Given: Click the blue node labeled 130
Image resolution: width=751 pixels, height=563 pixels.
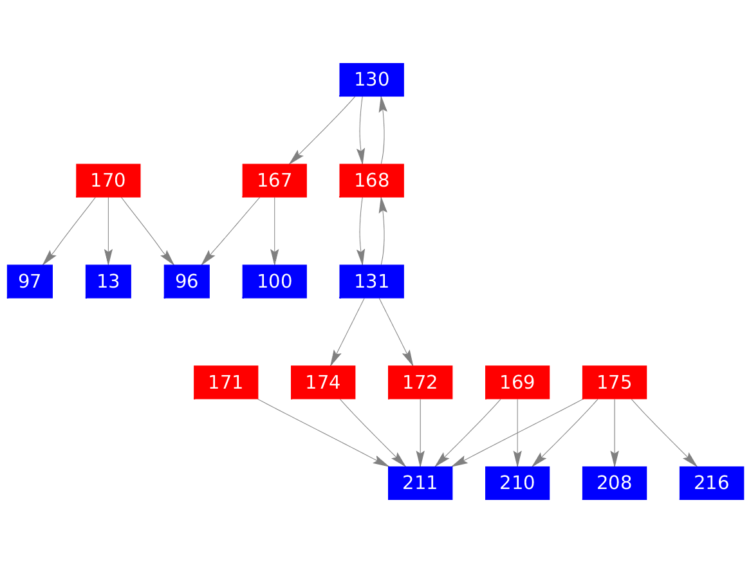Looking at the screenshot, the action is coord(372,80).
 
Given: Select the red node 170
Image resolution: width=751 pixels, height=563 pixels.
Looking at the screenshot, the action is coord(108,181).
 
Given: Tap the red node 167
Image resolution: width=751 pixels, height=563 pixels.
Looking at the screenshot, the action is coord(274,181).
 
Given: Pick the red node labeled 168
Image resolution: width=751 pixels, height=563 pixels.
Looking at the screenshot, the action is coord(372,181).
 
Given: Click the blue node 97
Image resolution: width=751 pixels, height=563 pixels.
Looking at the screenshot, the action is coord(30,282).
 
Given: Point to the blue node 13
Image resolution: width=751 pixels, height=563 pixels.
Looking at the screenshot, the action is coord(108,282).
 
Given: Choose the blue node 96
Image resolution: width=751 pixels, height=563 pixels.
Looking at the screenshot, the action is coord(187,282).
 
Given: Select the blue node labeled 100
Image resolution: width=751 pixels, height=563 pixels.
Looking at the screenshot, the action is coord(274,282).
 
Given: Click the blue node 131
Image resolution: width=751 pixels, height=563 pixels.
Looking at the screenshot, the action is coord(372,282).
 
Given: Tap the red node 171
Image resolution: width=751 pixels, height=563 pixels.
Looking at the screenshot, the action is coord(226,382).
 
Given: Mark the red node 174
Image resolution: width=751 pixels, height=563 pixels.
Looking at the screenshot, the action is coord(323,382).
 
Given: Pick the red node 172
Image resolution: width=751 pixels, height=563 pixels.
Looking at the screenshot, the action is coord(420,382).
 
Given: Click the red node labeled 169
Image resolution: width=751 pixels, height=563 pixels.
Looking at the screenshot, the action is coord(517,382).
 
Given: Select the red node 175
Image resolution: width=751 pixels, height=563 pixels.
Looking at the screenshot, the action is coord(615,382).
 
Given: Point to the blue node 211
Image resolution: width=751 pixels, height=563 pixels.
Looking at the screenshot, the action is coord(420,483).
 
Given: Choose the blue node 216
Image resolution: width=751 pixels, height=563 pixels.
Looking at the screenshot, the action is coord(712,483).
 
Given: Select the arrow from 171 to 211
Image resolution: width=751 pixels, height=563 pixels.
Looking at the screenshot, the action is coord(323,432).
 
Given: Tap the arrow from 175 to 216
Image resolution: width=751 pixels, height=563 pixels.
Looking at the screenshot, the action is coord(664,433).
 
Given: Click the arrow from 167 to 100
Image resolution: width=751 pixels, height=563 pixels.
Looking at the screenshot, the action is coord(274,231).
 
